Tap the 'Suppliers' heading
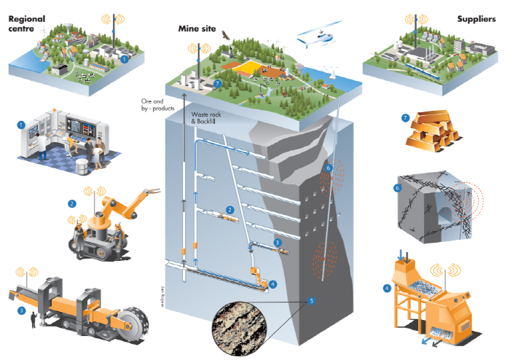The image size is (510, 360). tap(477, 18)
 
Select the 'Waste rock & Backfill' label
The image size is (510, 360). tap(211, 120)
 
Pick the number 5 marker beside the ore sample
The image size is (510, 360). tap(311, 300)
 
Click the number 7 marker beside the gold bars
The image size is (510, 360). tap(406, 117)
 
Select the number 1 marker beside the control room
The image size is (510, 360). tap(21, 125)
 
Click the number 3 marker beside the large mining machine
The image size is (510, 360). tap(22, 310)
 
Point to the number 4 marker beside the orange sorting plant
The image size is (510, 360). tap(386, 288)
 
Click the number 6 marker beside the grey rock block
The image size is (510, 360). tap(398, 188)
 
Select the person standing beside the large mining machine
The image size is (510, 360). tap(32, 320)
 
